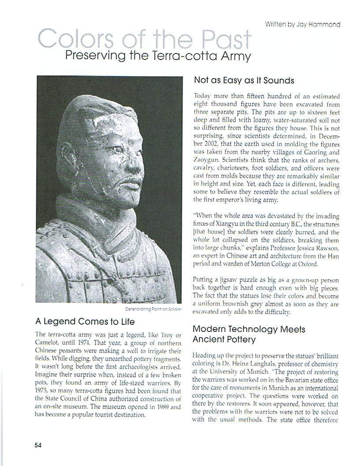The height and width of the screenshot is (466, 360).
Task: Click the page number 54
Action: coord(38,445)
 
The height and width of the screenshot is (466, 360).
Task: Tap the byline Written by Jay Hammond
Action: coord(302,24)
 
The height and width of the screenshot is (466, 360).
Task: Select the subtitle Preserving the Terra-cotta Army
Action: coord(157,56)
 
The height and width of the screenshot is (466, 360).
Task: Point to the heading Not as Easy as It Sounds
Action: coord(244,80)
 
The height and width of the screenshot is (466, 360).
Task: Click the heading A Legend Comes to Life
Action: coord(85,321)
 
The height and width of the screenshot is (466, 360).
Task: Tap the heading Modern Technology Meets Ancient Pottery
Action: coord(249,334)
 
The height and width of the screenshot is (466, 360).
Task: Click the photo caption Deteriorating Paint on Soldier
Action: coord(154,309)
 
